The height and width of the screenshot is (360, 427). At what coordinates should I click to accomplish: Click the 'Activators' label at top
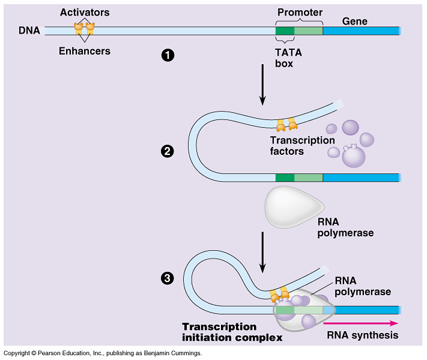84,13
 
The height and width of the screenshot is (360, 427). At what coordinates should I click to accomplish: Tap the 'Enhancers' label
84,51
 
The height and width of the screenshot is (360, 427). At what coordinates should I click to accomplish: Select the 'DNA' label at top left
29,30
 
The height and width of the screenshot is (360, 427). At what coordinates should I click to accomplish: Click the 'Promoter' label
300,13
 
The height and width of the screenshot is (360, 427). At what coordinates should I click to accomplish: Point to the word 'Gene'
354,21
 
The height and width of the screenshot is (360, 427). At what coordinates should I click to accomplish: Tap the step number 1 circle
168,55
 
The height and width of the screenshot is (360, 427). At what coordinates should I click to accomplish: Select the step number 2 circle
168,151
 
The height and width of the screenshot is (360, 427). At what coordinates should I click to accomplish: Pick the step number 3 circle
168,278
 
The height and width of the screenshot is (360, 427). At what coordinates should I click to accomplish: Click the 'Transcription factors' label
302,146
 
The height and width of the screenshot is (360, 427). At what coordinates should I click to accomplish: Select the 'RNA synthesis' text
362,335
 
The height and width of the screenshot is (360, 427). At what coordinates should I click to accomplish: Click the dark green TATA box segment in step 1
285,30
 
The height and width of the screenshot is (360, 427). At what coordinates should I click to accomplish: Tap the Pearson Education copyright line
102,353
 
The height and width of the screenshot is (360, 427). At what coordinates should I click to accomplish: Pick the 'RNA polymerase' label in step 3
363,286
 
